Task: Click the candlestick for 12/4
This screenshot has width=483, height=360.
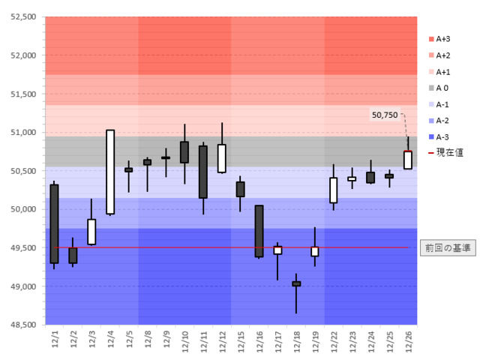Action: [x=110, y=172]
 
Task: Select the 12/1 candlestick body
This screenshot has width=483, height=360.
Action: [x=54, y=223]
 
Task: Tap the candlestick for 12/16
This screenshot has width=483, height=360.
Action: [x=259, y=231]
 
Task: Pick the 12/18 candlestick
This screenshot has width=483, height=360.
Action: [x=296, y=284]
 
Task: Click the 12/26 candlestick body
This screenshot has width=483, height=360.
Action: [x=408, y=160]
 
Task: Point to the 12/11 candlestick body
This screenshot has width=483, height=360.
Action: [x=203, y=172]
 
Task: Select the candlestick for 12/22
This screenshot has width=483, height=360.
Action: [x=334, y=190]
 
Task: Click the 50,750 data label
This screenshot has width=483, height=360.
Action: [x=384, y=115]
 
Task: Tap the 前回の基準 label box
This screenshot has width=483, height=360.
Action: [x=447, y=247]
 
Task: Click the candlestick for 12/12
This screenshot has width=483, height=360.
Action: [x=222, y=158]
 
